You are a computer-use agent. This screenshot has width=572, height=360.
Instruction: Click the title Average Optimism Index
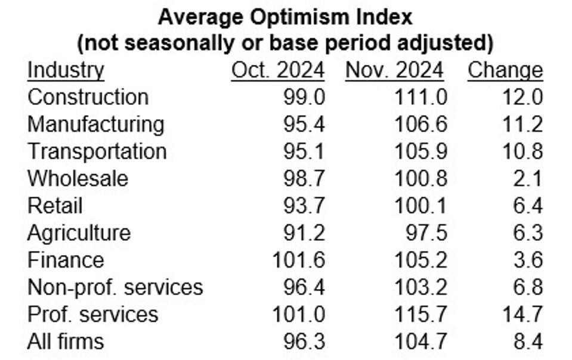click(285, 17)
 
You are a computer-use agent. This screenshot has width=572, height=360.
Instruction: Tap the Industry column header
click(66, 70)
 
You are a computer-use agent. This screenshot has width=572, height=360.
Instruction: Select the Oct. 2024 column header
click(277, 70)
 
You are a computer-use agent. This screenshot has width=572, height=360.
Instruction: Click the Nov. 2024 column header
click(394, 70)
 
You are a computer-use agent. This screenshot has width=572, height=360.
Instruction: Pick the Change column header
click(505, 70)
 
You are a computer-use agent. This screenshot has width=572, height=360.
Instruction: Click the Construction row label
click(88, 97)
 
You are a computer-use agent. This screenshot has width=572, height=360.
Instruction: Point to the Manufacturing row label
click(95, 124)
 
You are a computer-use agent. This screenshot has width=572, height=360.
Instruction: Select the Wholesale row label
click(78, 178)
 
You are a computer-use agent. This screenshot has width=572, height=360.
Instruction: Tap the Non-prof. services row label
click(115, 287)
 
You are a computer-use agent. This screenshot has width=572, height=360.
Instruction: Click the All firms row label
click(66, 342)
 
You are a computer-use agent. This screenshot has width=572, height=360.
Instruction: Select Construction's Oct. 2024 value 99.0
click(304, 97)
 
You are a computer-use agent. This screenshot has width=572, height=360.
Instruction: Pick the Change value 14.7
click(522, 314)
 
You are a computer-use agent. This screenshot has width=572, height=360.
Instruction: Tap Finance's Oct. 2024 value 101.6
click(298, 260)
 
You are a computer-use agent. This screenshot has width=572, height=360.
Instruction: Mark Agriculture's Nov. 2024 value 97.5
click(426, 232)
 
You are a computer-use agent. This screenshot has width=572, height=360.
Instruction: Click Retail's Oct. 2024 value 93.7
click(304, 206)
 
